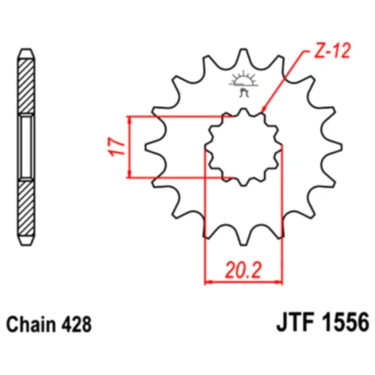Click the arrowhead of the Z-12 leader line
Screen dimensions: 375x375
click(x=262, y=110)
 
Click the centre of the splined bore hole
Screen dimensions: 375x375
click(x=243, y=146)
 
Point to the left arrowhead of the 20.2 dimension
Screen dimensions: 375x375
click(x=209, y=281)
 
